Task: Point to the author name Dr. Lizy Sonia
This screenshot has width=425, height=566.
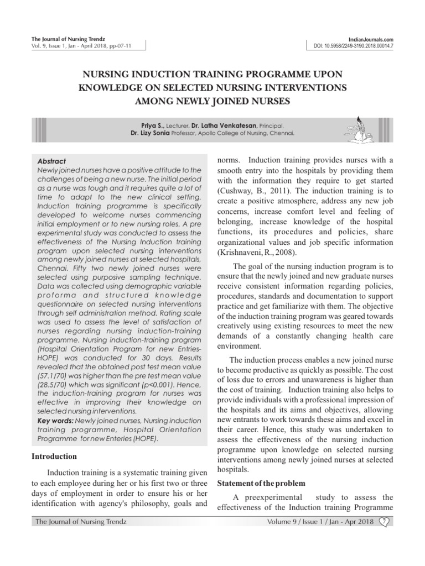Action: click(149, 134)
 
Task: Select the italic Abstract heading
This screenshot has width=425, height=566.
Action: click(50, 161)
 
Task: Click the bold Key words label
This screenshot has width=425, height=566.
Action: click(52, 420)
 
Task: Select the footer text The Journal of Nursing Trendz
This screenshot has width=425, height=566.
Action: click(81, 521)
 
